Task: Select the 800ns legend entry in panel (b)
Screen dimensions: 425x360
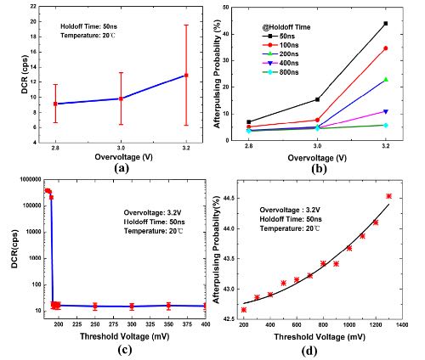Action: click(280, 72)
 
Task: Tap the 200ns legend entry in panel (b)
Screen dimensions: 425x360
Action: click(280, 54)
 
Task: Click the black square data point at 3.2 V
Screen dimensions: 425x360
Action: click(386, 24)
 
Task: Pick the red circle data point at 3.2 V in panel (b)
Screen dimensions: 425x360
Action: click(386, 48)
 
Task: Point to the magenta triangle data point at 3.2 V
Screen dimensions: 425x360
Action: click(386, 111)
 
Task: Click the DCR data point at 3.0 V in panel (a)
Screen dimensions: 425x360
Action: click(121, 98)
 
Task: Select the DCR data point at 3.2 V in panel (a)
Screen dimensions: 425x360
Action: click(186, 76)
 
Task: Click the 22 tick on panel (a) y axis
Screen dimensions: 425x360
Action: click(33, 6)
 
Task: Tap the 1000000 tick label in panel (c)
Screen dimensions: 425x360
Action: click(30, 179)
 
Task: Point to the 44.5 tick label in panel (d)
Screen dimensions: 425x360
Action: click(229, 198)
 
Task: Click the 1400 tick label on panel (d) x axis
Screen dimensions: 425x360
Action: click(402, 324)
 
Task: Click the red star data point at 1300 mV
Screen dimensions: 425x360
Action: click(388, 196)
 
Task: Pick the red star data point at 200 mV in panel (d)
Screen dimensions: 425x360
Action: click(244, 310)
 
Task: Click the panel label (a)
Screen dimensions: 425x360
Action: click(122, 168)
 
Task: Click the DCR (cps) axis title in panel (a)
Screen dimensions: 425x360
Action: click(25, 74)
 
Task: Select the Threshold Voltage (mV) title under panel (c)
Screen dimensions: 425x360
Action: click(125, 336)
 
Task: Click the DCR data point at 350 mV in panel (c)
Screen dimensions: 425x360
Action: click(168, 306)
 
